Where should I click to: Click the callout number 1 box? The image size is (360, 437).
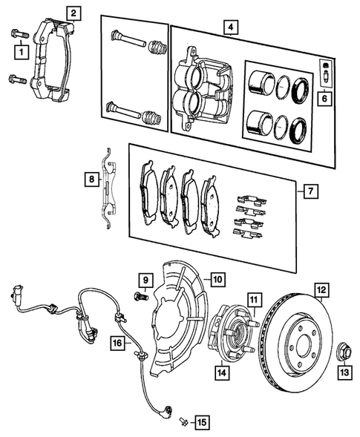click(21, 51)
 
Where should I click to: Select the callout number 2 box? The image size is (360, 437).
click(72, 13)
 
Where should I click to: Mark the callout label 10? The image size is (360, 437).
click(217, 280)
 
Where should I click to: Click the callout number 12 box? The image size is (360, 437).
click(321, 290)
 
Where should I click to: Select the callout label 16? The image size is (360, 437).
click(117, 343)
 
